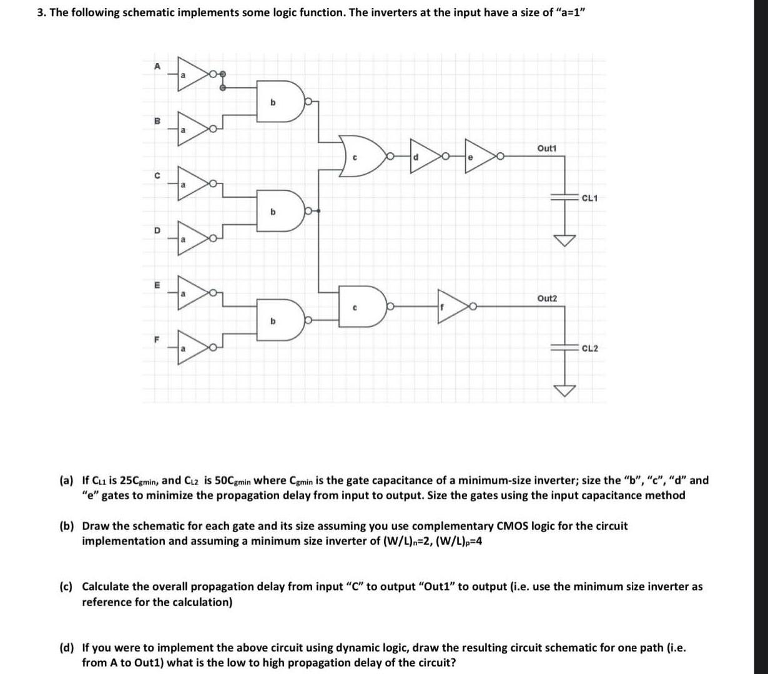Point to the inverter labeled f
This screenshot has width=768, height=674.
[452, 306]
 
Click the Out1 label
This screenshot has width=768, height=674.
[546, 148]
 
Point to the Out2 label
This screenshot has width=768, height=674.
[546, 299]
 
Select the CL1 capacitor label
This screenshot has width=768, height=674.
[589, 198]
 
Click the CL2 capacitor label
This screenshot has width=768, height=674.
[589, 348]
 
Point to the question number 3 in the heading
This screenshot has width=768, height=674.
[41, 12]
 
